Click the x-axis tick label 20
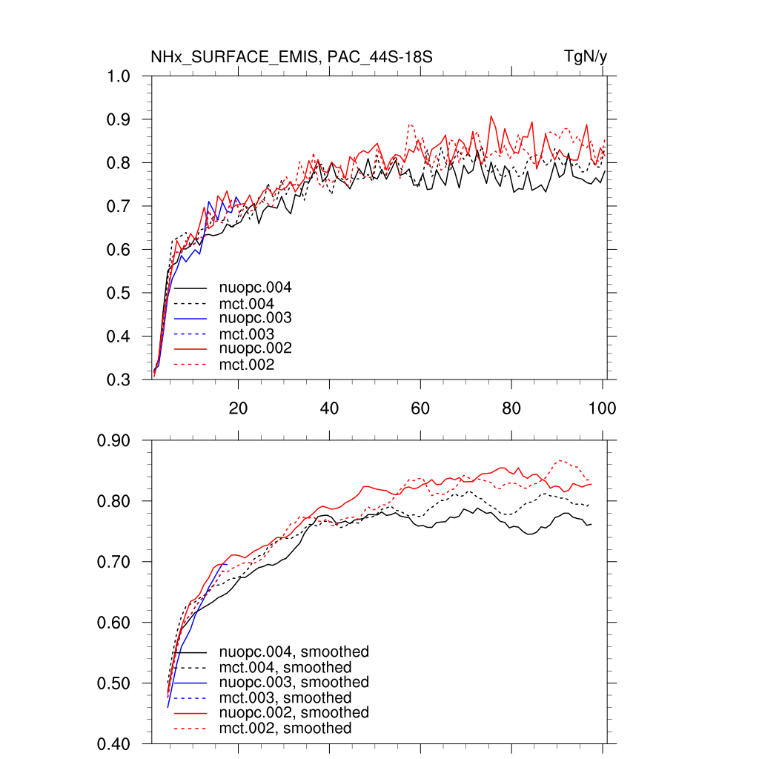tap(238, 408)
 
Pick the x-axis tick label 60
tap(420, 408)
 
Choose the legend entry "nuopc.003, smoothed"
tap(294, 682)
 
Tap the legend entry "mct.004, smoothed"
tap(285, 667)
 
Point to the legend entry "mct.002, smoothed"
tap(285, 729)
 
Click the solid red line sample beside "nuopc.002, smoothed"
tap(190, 713)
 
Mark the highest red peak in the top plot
tap(491, 116)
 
